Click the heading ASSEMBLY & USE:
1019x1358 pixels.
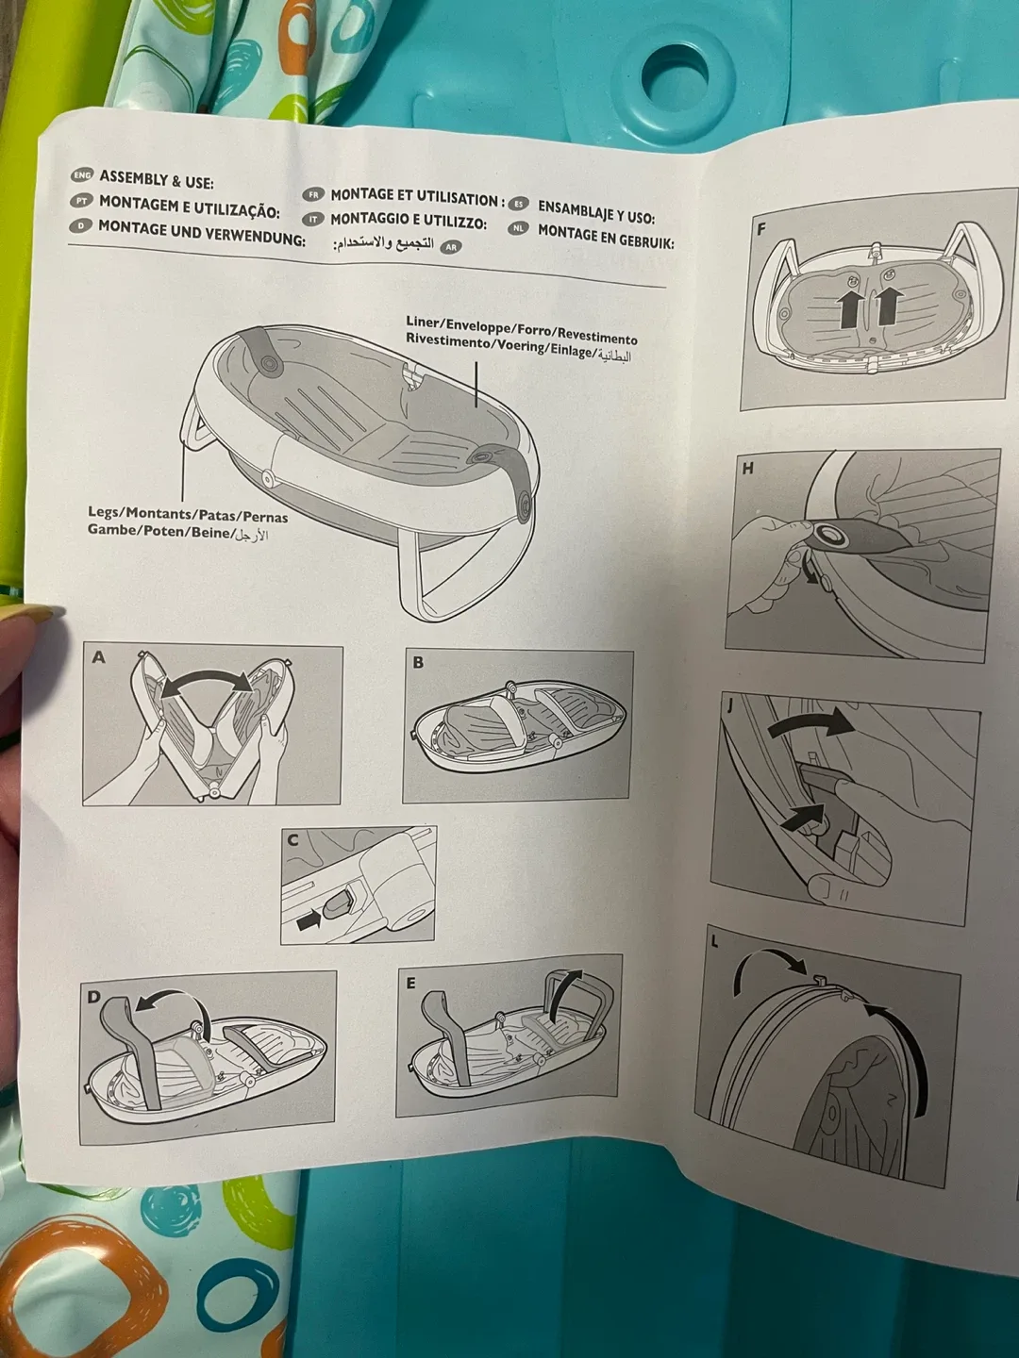point(157,178)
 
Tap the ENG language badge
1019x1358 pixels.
point(82,175)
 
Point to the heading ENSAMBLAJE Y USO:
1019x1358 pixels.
point(595,210)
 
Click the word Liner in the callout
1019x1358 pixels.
point(423,323)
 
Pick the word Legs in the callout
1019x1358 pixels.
point(105,512)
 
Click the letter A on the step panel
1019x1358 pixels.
point(98,657)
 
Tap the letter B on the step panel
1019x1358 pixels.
point(418,662)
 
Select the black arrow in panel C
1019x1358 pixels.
point(309,924)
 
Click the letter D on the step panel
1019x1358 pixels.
point(93,996)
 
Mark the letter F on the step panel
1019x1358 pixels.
point(761,228)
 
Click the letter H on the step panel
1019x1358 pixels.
point(748,468)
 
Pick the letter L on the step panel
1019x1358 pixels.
point(714,941)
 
